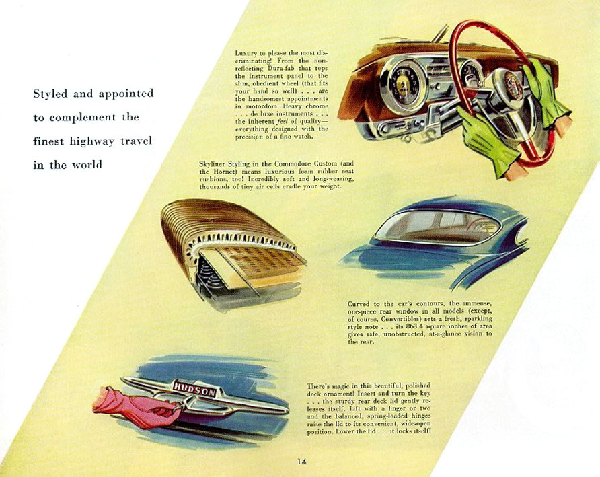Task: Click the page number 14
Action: click(x=302, y=462)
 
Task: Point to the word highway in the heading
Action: click(x=92, y=142)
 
